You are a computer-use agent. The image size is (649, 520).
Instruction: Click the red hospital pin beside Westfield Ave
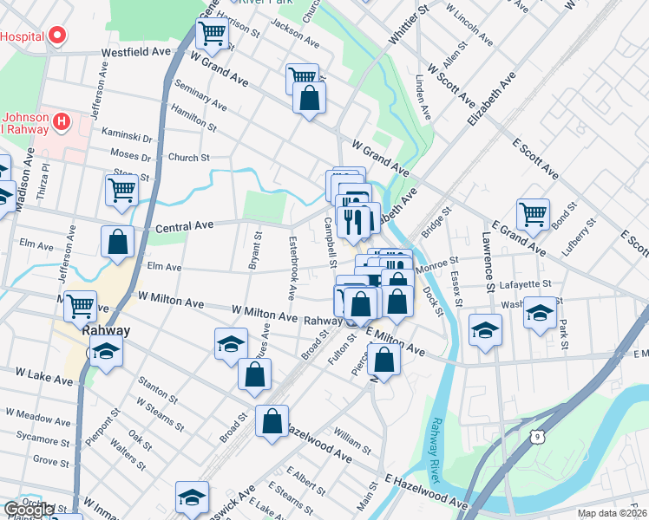coord(57,36)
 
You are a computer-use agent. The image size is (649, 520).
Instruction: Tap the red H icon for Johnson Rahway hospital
coord(61,121)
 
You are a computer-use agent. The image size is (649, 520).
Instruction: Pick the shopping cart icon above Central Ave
coord(122,189)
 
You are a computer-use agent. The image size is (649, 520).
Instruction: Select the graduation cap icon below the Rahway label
coord(106,351)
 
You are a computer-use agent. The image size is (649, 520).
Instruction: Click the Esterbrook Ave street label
coord(292,268)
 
